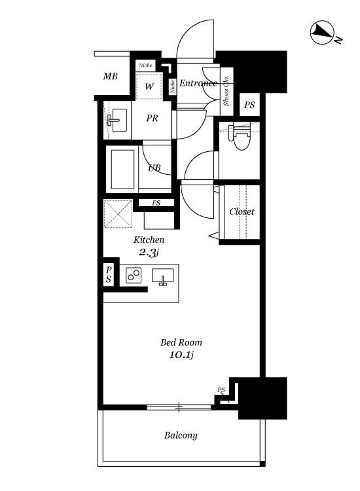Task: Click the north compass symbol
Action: (323, 32)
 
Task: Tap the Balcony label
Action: (181, 435)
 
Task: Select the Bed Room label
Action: (181, 342)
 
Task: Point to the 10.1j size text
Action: (181, 355)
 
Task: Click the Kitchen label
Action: (149, 240)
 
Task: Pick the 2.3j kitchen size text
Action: (149, 253)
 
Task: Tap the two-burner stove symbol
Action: (134, 275)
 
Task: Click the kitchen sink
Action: (162, 276)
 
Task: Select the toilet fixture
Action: (240, 137)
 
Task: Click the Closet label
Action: (242, 211)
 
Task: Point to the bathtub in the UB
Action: (122, 169)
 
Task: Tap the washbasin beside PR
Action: (117, 120)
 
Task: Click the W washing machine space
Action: (149, 86)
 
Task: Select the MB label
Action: (110, 76)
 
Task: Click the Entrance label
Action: (198, 83)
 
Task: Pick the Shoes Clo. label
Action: (226, 90)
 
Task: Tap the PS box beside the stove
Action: (109, 274)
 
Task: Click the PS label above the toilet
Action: (249, 105)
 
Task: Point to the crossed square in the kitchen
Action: (118, 214)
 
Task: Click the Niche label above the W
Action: (145, 65)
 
